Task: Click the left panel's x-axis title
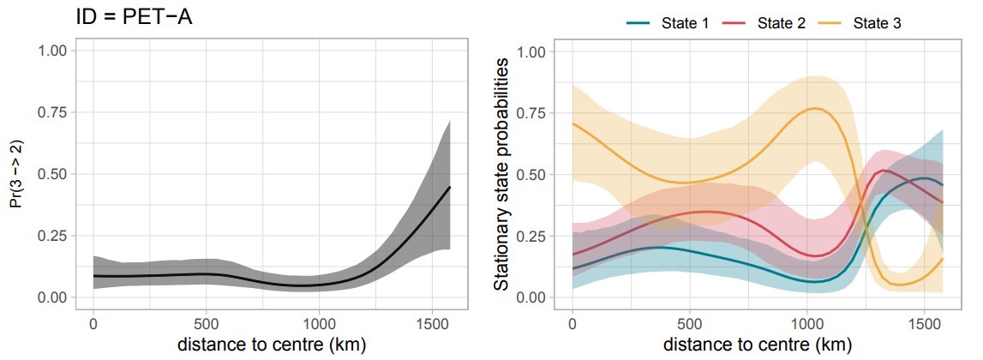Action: click(x=272, y=345)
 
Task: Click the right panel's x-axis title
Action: click(x=751, y=345)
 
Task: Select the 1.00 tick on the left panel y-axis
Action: click(x=54, y=51)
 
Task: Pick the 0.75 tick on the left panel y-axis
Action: click(x=54, y=113)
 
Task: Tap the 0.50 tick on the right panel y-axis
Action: click(x=533, y=175)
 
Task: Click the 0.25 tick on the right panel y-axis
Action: click(x=533, y=237)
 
